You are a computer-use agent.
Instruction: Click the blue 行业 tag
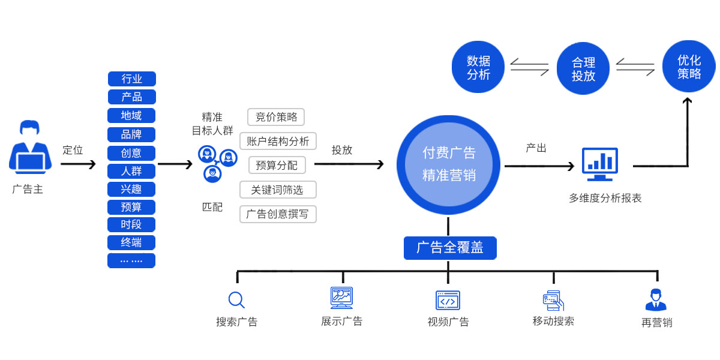[131, 79]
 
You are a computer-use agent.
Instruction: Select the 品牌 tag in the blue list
[131, 134]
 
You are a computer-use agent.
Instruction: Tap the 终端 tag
[131, 242]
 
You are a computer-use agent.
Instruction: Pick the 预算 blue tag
[131, 207]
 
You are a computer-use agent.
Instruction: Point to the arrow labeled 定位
[78, 164]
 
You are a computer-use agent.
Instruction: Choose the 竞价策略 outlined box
[276, 116]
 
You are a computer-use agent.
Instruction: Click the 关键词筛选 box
[277, 190]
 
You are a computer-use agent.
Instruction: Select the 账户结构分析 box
[278, 141]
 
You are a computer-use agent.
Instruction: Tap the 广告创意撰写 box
[277, 214]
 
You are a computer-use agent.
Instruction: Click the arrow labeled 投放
[349, 164]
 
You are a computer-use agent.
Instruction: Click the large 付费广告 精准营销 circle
[448, 164]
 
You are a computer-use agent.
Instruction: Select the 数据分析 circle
[478, 67]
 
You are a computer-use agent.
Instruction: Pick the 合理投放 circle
[583, 68]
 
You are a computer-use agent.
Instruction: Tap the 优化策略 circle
[688, 66]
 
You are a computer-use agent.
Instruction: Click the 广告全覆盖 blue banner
[449, 247]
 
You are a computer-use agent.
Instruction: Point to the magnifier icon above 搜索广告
[236, 299]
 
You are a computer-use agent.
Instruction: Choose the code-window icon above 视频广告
[448, 300]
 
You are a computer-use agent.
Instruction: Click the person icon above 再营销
[656, 299]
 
